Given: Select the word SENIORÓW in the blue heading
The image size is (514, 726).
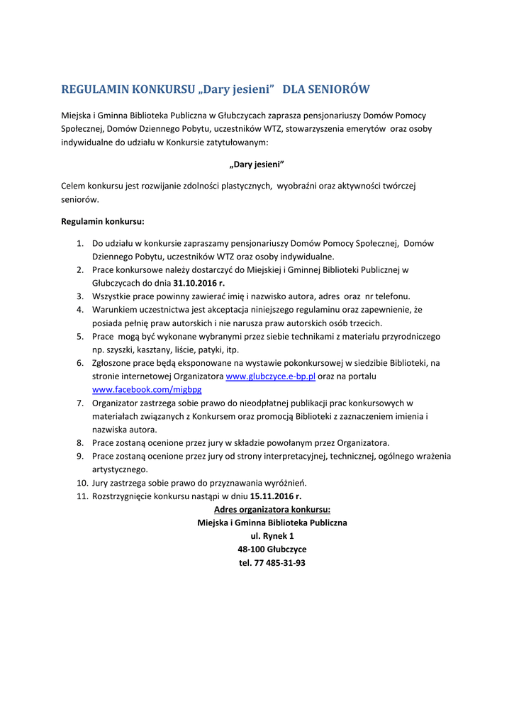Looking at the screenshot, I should pos(337,90).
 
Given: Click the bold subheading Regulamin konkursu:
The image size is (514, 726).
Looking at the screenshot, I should pos(103,221).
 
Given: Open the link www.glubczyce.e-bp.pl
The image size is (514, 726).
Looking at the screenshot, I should pos(270,376).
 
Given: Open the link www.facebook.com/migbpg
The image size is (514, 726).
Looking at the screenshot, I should pos(147,390).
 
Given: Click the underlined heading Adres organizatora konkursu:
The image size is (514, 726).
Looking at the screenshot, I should pos(272,510).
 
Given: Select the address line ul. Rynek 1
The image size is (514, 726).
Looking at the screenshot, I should pos(272,536).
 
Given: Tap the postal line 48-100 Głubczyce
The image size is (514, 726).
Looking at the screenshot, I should pos(272,549).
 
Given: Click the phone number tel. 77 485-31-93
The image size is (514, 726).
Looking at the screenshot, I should pos(272,563).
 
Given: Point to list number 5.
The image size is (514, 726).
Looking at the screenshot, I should pos(80,337).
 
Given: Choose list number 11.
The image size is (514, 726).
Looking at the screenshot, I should pos(81,496).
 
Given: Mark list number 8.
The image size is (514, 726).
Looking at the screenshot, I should pos(80,443).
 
